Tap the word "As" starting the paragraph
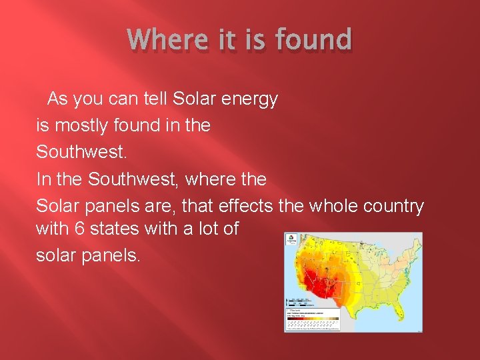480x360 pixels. [x=58, y=99]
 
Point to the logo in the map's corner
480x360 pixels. [x=292, y=240]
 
